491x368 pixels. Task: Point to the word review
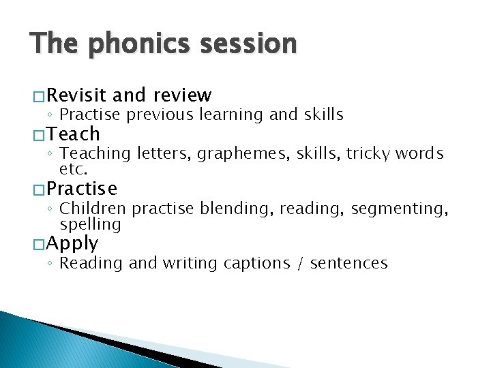click(183, 95)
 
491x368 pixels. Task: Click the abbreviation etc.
click(74, 168)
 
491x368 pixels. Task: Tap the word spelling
click(90, 224)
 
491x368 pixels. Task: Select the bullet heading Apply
click(73, 244)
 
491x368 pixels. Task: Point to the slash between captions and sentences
click(301, 264)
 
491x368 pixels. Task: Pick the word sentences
click(348, 264)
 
